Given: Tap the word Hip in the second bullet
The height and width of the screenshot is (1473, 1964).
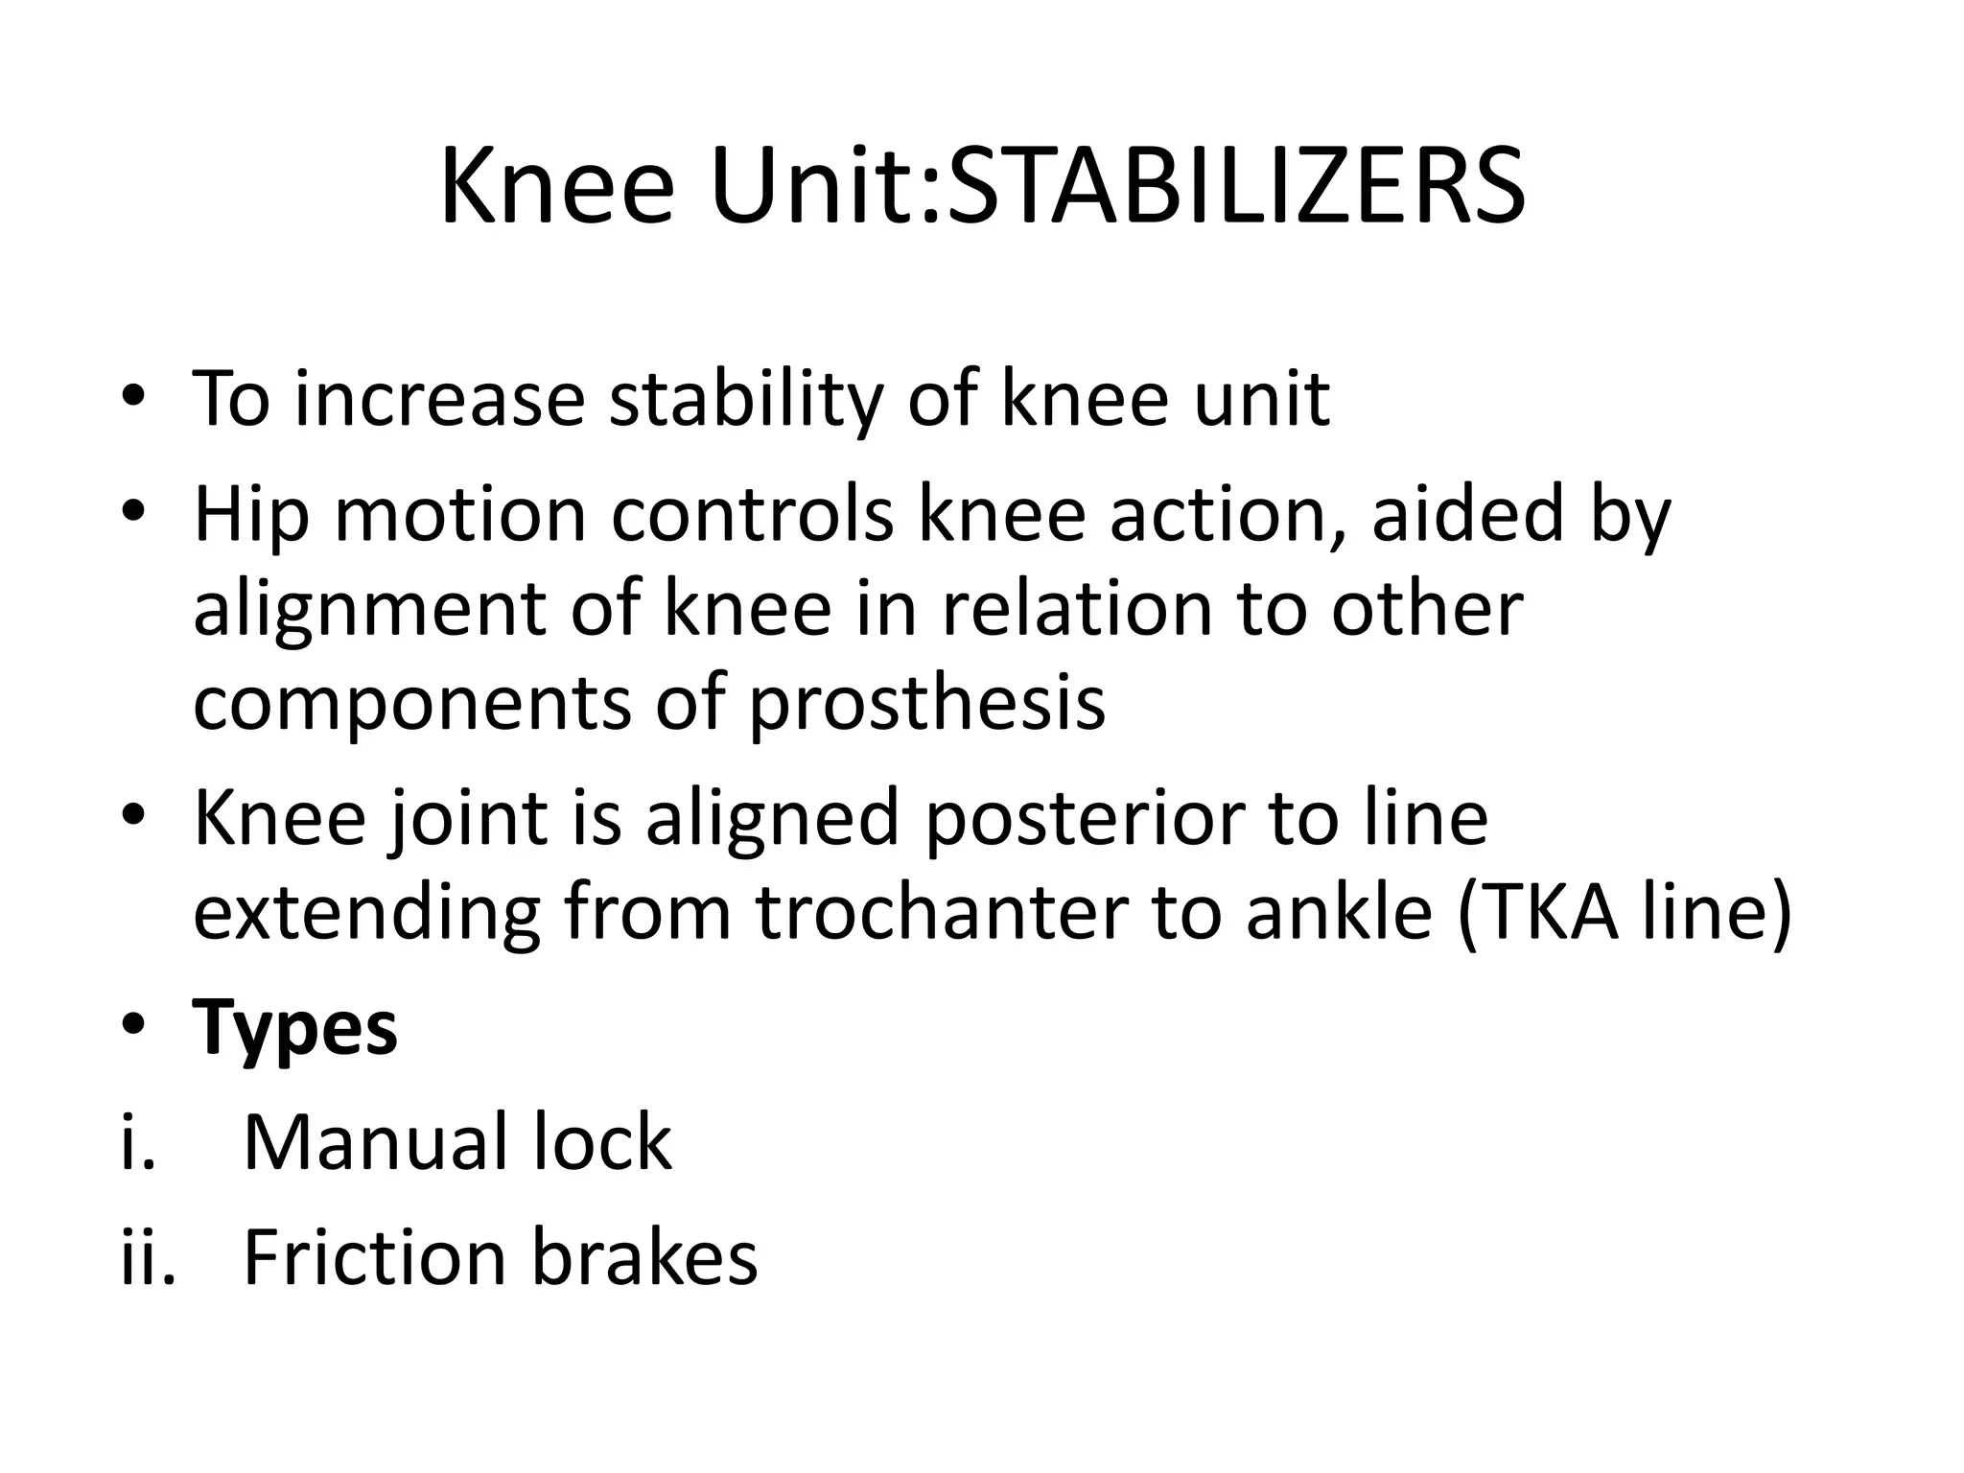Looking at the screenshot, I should [251, 516].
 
